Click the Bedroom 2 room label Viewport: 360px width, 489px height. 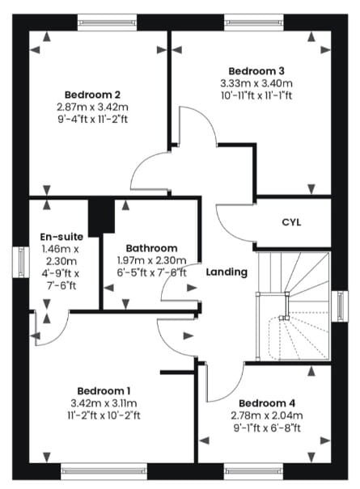92,95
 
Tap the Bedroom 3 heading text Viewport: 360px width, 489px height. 256,71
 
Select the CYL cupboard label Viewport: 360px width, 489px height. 291,222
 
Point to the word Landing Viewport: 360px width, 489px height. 227,272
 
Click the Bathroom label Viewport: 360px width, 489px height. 151,248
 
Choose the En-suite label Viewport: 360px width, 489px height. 61,237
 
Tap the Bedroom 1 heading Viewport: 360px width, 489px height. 104,390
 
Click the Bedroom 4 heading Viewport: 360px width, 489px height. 267,403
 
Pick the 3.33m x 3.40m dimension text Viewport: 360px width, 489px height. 256,83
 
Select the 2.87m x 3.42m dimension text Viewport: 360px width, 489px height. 92,107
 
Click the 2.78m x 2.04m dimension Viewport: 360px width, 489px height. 267,415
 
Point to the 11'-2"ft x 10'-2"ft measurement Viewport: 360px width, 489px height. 104,415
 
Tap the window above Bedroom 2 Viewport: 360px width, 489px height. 107,23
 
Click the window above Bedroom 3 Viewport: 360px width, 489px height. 254,23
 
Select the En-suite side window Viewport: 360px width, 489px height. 21,262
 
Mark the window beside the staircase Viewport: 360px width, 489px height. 340,306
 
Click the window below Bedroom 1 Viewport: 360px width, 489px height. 104,471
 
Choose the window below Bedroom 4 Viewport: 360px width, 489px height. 253,471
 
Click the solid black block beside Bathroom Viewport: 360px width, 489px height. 101,217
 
